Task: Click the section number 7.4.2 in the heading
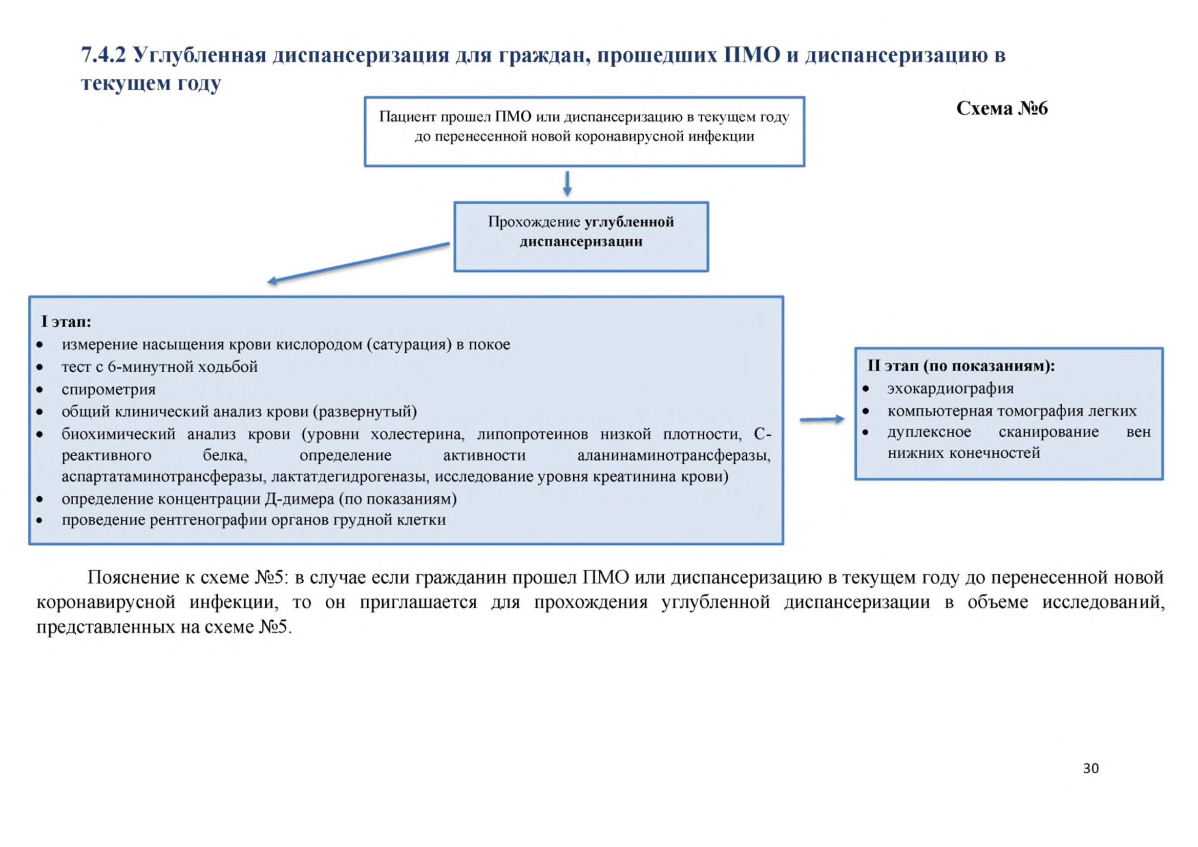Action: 103,54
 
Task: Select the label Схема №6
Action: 1001,108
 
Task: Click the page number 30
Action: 1090,768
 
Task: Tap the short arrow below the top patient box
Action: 567,184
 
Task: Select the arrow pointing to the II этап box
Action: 822,419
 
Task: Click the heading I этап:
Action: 66,321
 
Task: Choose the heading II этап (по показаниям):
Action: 960,366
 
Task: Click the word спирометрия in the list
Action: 109,389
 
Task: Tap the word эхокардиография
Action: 950,389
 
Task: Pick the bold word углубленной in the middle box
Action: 629,222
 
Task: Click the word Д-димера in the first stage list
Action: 300,499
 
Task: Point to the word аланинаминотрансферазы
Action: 674,455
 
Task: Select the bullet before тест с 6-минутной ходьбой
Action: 39,367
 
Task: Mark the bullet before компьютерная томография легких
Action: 866,411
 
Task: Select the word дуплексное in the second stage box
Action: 929,432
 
